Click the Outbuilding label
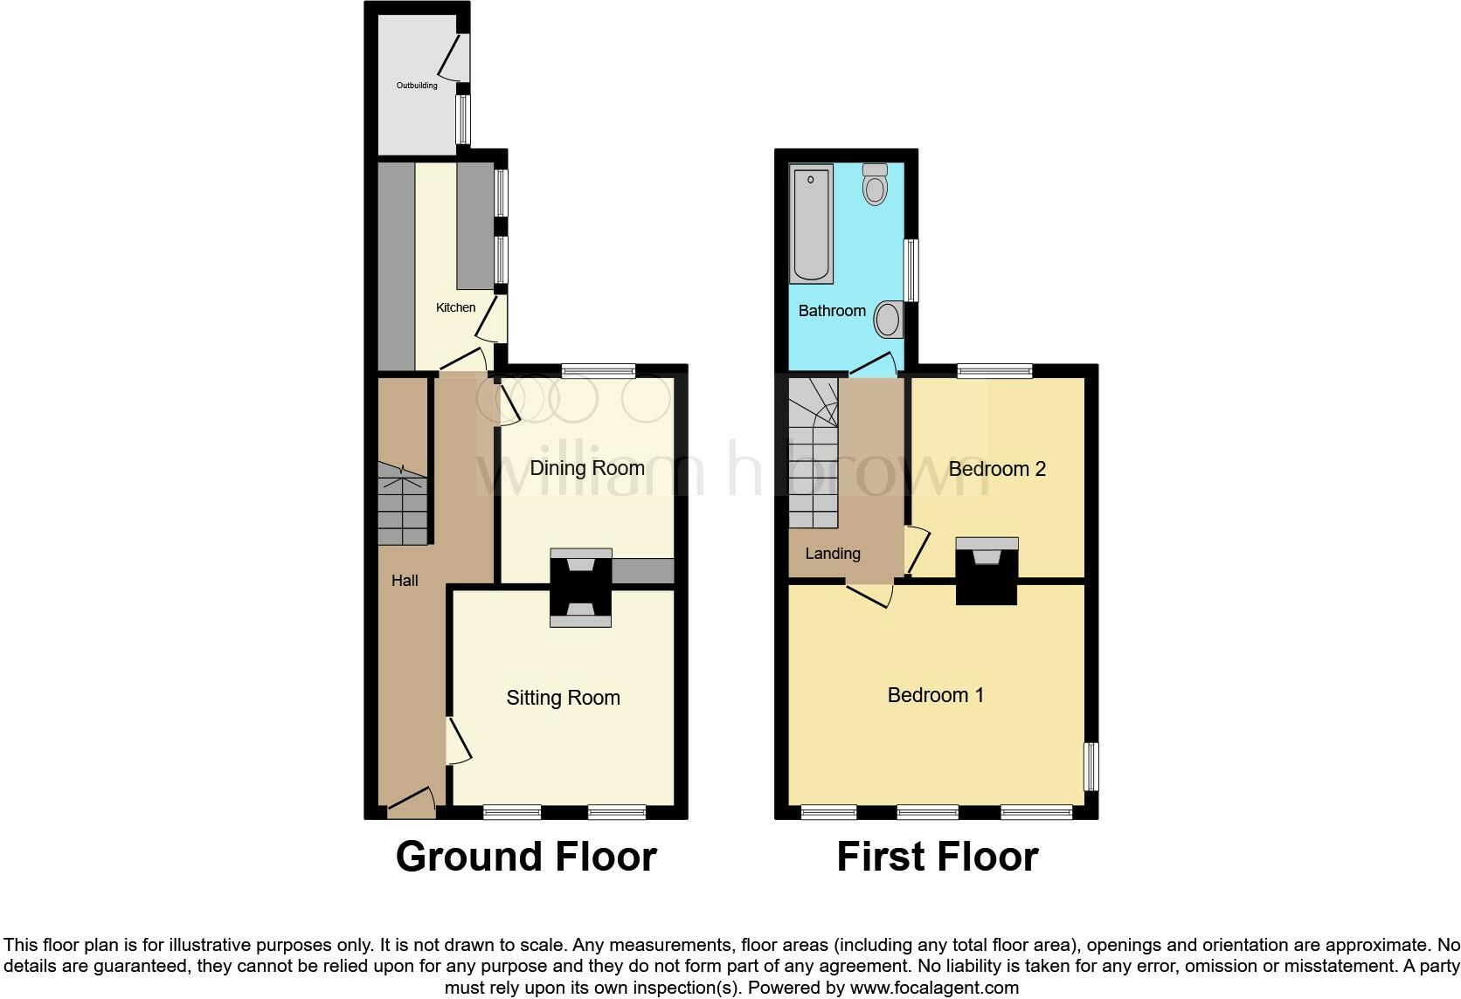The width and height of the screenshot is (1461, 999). [x=417, y=86]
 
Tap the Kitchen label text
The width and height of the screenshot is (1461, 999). [x=455, y=307]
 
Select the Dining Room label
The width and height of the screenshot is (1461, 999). [x=586, y=468]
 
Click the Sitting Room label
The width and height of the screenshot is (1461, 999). [x=563, y=698]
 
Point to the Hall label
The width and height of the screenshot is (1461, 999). [x=405, y=581]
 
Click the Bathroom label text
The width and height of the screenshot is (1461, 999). [x=831, y=311]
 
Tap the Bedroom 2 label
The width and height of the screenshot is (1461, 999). [x=996, y=469]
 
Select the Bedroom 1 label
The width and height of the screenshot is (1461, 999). [x=935, y=695]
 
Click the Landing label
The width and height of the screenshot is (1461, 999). [x=832, y=554]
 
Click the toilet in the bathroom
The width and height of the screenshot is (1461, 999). [x=875, y=184]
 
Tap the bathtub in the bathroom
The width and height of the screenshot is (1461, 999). [x=811, y=224]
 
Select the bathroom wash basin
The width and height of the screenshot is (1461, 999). [x=889, y=320]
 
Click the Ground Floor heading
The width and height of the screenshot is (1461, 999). [x=526, y=857]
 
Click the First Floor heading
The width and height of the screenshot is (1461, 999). [x=937, y=857]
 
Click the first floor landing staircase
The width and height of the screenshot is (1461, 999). [x=813, y=454]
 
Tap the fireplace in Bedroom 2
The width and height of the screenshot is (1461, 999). [x=987, y=571]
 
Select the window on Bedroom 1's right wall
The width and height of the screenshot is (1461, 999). [x=1091, y=767]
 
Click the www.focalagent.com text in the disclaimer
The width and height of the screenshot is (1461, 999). [x=933, y=989]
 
